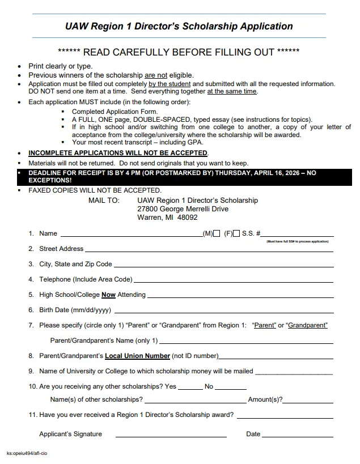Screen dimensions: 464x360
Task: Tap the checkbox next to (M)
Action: (217, 233)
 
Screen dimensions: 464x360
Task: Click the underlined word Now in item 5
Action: (108, 295)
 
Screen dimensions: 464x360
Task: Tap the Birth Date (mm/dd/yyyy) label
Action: (75, 310)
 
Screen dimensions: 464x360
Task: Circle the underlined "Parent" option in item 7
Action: (264, 325)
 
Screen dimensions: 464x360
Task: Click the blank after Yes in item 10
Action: (190, 389)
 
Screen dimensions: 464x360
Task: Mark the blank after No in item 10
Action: (230, 389)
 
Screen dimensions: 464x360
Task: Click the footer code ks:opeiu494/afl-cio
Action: (27, 454)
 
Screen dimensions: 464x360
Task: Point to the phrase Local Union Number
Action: (137, 356)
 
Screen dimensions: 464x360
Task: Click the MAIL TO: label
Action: (104, 201)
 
